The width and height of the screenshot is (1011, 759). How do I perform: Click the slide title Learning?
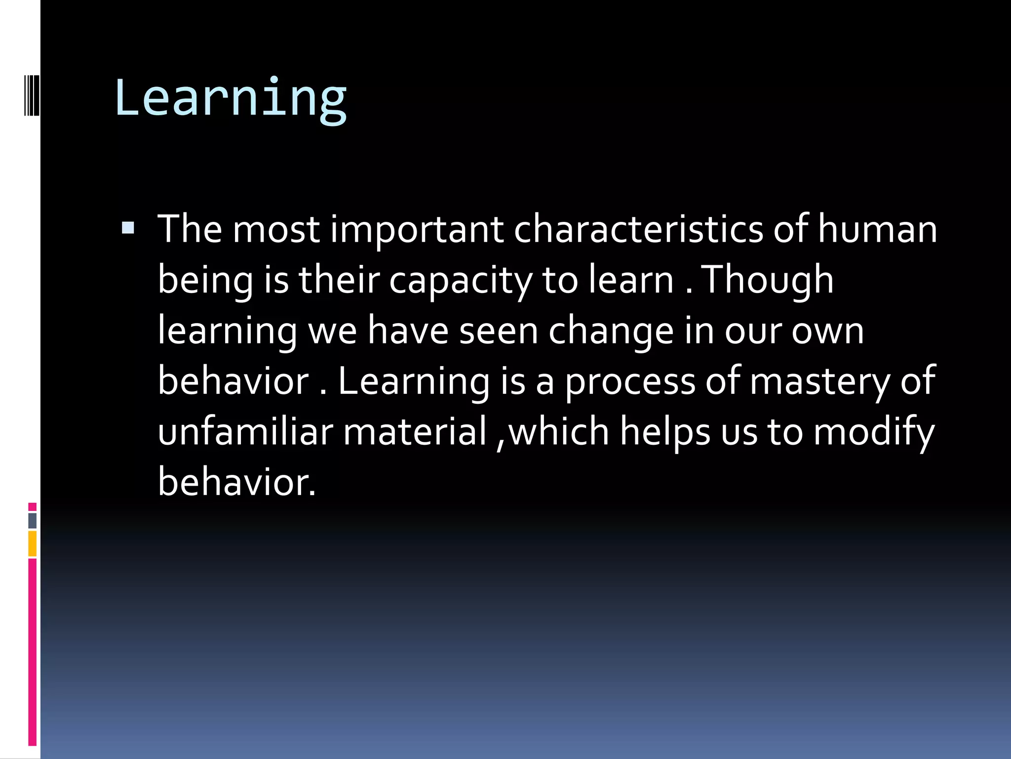231,99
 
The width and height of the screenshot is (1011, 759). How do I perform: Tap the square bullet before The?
128,228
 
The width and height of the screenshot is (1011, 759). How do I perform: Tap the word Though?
768,280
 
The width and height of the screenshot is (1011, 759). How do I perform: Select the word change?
611,331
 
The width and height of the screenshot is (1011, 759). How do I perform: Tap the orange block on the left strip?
33,544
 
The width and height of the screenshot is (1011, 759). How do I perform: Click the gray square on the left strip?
33,520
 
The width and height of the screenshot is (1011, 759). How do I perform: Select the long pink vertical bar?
33,652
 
